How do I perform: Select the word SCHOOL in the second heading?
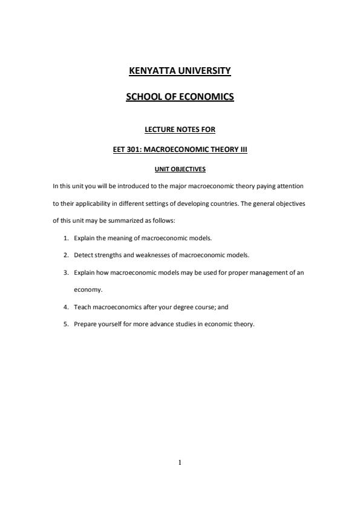[x=143, y=96]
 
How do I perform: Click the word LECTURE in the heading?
[x=161, y=130]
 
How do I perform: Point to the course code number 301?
[x=134, y=150]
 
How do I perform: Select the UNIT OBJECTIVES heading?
[x=180, y=169]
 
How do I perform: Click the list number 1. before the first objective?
[x=67, y=238]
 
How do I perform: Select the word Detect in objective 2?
[x=83, y=255]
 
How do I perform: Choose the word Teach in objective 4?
[x=82, y=307]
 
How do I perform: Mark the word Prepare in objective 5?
[x=85, y=324]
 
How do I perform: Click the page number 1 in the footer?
[x=180, y=462]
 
